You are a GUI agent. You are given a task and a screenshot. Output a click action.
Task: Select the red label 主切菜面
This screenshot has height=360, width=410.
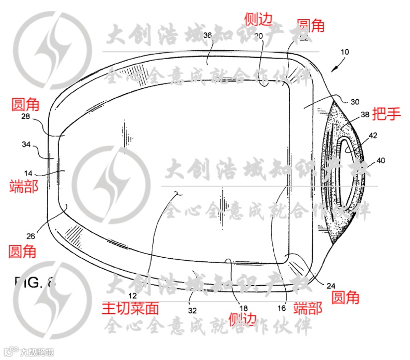click(130, 308)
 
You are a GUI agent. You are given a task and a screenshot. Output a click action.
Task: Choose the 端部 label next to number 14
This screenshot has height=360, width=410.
click(23, 187)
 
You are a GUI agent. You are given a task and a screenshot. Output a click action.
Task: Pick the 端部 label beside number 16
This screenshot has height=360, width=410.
click(308, 308)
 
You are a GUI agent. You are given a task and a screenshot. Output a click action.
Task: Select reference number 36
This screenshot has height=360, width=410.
click(208, 35)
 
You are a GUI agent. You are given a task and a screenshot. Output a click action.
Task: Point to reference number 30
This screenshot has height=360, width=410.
click(355, 102)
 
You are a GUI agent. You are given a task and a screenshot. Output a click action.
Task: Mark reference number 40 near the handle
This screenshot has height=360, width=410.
click(380, 160)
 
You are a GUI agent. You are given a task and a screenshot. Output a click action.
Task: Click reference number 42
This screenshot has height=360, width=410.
click(373, 135)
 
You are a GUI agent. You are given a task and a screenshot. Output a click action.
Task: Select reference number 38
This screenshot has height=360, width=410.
click(365, 114)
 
